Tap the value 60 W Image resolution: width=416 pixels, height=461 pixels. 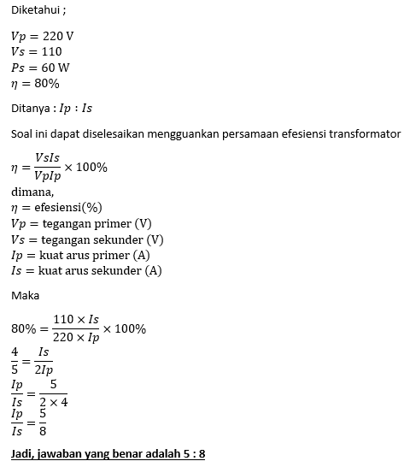[56, 68]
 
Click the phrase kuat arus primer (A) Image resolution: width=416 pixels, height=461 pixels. [100, 256]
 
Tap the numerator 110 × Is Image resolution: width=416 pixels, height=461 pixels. [76, 320]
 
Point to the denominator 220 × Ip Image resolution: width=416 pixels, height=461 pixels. [76, 338]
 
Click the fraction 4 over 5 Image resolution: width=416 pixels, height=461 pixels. [15, 360]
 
